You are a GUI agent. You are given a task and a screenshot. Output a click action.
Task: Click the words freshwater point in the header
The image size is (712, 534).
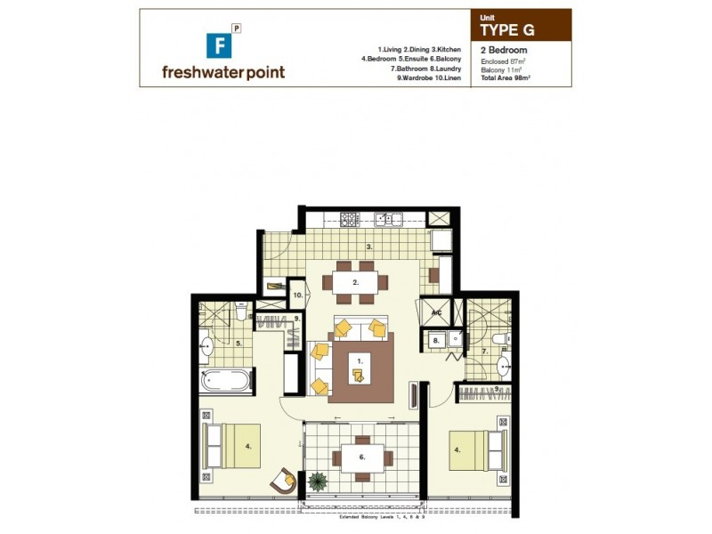click(223, 72)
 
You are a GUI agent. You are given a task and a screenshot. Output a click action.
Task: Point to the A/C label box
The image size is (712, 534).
click(437, 314)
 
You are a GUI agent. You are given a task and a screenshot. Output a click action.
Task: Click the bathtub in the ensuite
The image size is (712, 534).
click(226, 381)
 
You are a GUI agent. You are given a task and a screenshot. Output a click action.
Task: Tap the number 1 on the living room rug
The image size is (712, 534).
click(359, 361)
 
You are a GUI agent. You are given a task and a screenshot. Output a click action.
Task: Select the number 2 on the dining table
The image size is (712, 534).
click(355, 282)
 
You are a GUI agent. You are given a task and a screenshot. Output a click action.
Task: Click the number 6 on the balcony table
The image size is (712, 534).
click(360, 457)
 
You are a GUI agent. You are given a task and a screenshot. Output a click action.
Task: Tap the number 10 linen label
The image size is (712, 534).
click(298, 293)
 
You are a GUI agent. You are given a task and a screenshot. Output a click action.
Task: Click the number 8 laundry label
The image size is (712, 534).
click(436, 340)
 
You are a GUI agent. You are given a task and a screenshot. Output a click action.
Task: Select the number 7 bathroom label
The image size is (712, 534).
click(485, 352)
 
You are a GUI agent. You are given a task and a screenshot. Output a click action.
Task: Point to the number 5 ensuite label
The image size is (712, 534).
click(239, 343)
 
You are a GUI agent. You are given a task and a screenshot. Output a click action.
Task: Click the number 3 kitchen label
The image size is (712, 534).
click(368, 247)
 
